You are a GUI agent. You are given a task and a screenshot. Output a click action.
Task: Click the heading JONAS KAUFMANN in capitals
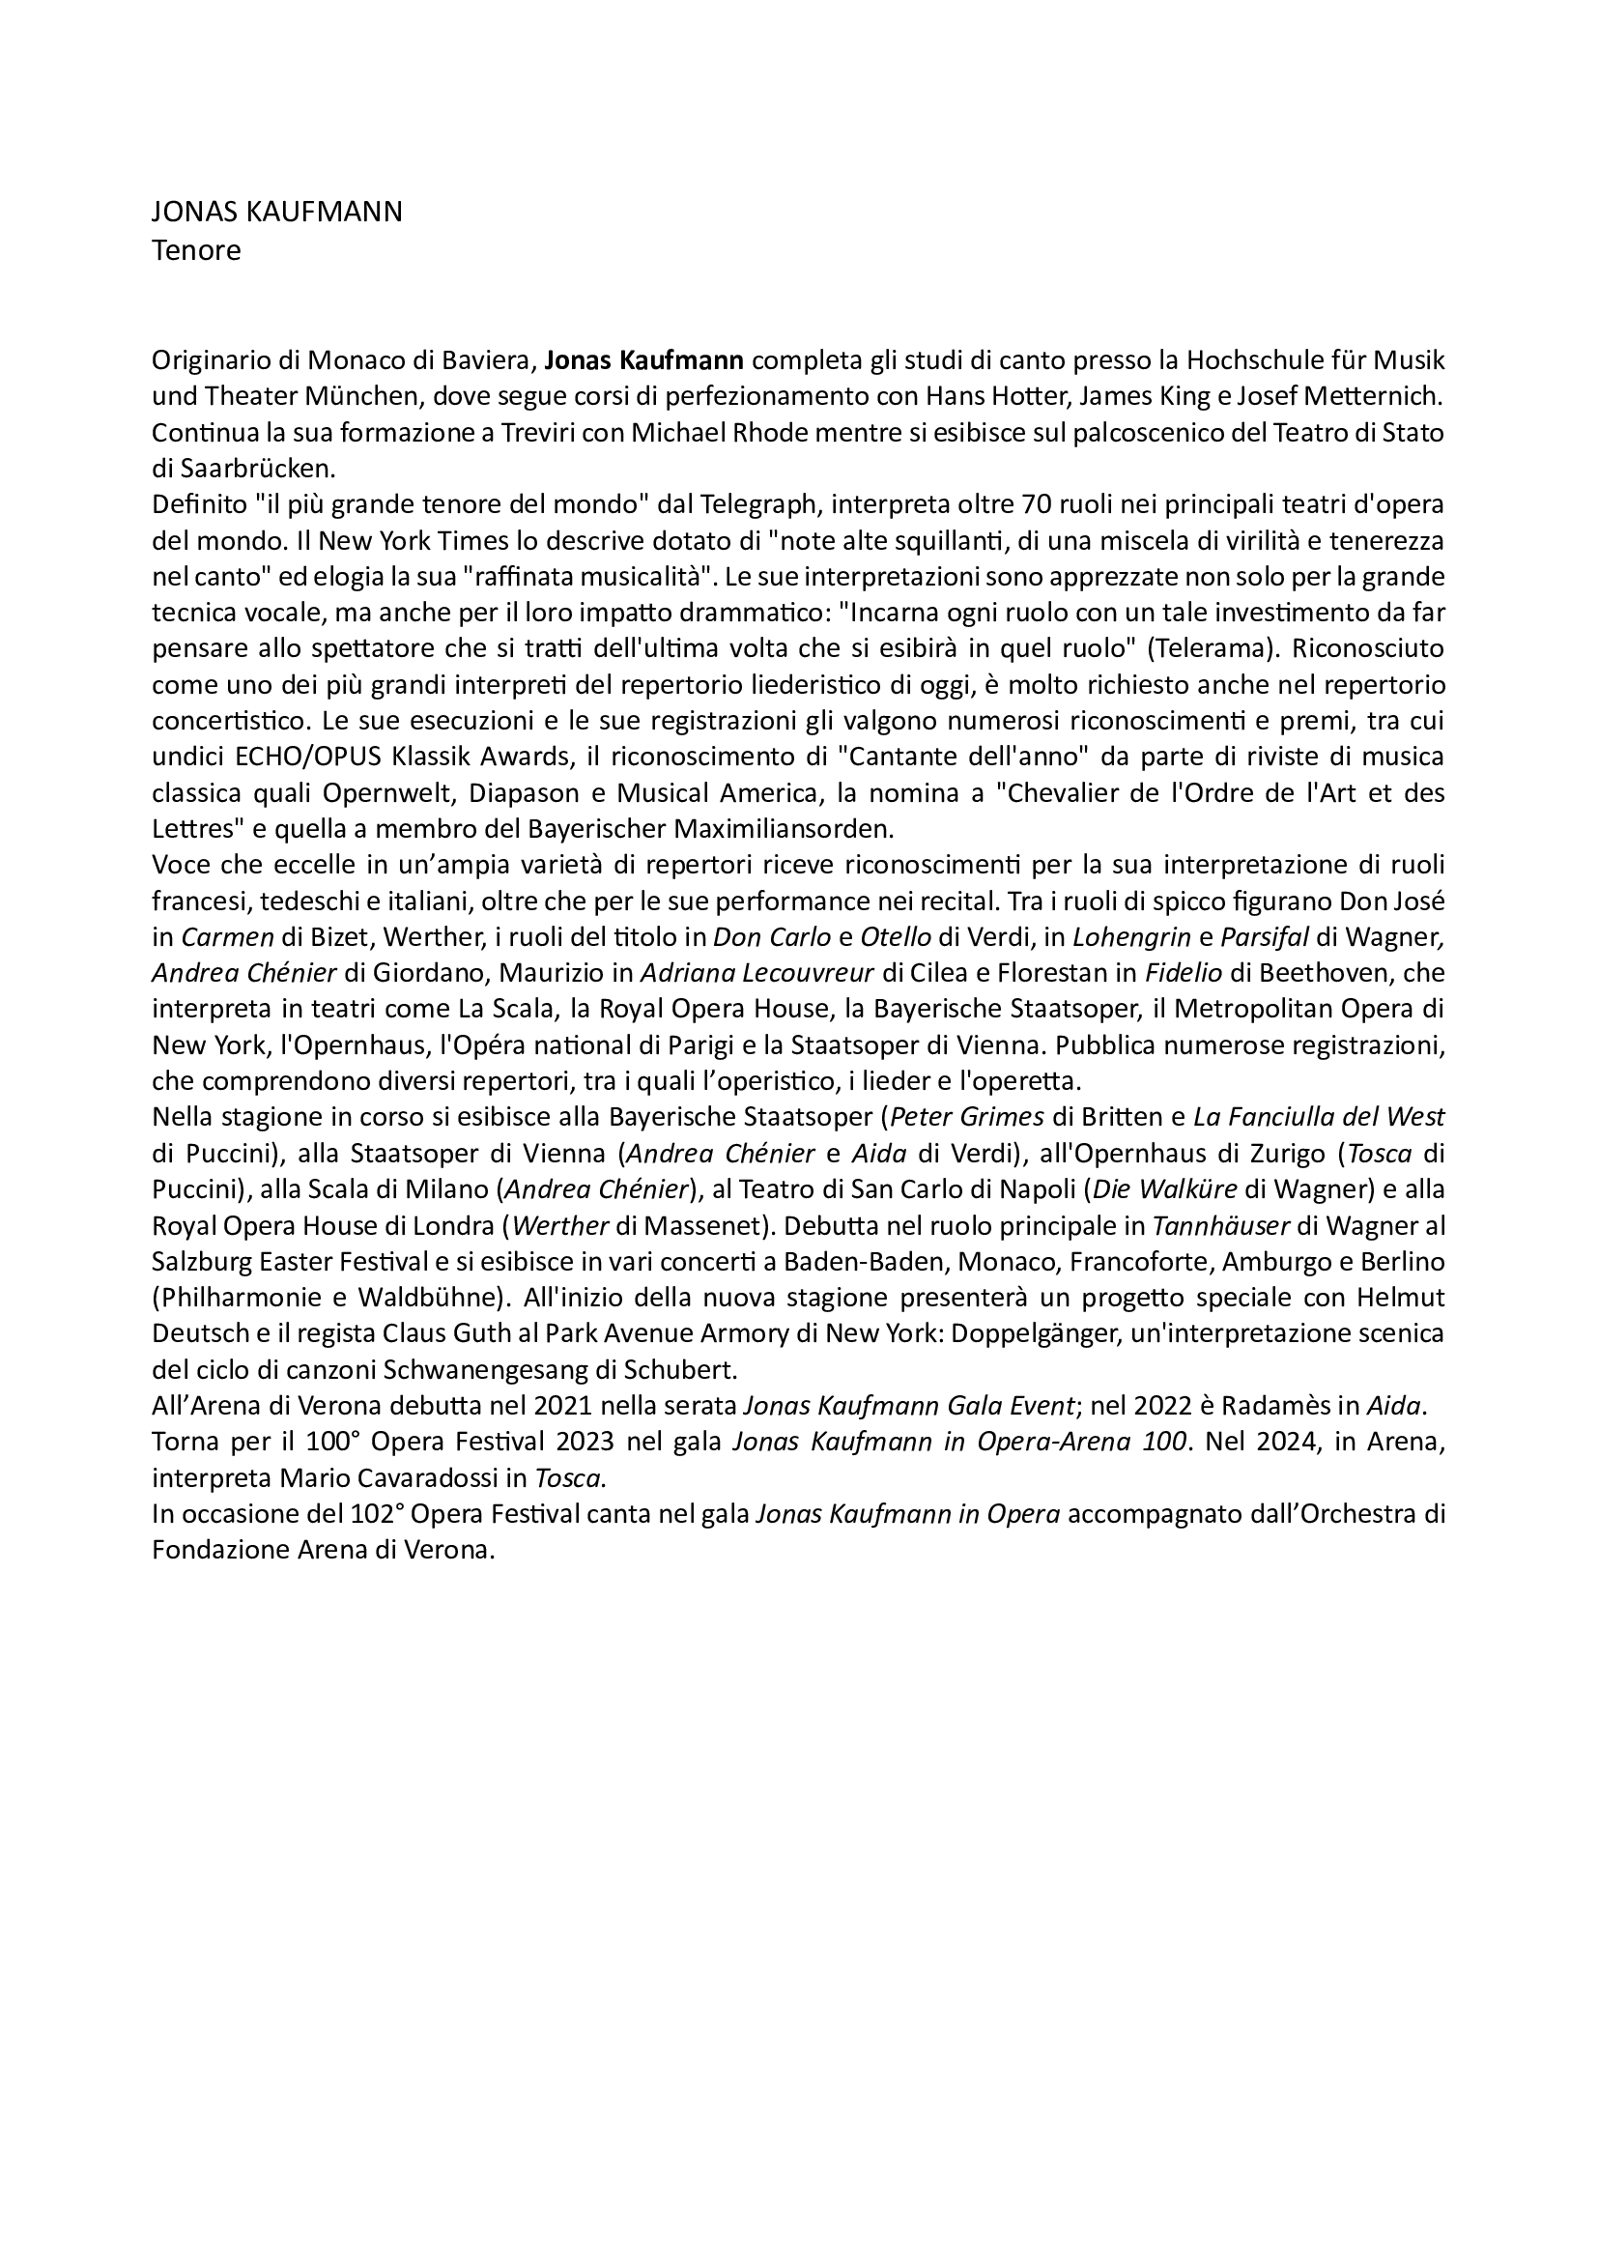(x=276, y=212)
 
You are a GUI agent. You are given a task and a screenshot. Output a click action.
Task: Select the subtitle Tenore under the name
(x=196, y=250)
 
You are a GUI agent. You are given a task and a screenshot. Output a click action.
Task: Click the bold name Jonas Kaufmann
(x=643, y=360)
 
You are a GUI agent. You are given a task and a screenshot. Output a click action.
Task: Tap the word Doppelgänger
(x=1009, y=1333)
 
